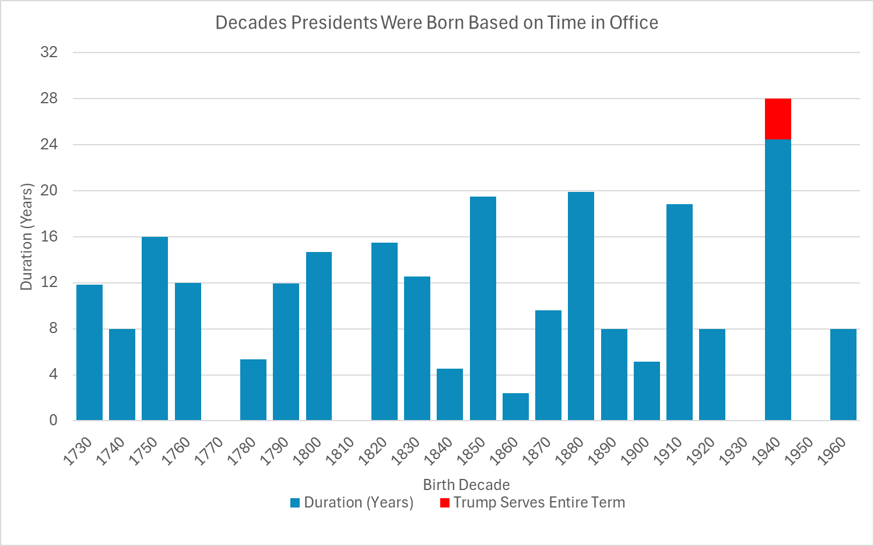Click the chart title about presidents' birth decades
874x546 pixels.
click(437, 23)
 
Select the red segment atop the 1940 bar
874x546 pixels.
click(778, 119)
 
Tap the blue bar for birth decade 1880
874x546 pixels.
click(581, 306)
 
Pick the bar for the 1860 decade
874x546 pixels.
click(515, 407)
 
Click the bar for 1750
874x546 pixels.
click(155, 328)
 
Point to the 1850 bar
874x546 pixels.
click(483, 309)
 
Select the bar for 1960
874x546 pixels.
click(843, 374)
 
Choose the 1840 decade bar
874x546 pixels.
click(450, 394)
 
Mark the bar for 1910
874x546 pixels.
click(679, 312)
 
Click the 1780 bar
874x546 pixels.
click(253, 390)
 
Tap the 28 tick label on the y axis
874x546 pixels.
click(49, 98)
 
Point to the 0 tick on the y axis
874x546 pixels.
click(53, 420)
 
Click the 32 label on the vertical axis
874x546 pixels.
click(49, 52)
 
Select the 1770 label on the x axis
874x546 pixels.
click(209, 451)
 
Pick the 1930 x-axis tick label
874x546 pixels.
click(734, 451)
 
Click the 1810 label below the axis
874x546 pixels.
click(341, 451)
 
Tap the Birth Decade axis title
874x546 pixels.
click(466, 485)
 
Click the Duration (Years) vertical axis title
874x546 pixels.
click(26, 237)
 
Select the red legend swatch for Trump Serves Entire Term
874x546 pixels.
click(445, 503)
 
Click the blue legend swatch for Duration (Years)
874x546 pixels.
click(295, 503)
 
